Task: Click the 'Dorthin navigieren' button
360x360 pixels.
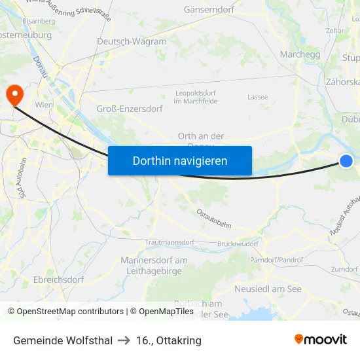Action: [x=180, y=160]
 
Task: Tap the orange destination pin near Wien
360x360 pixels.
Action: [x=14, y=96]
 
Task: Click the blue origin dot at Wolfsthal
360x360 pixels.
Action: [x=346, y=161]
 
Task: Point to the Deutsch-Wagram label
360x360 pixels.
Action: [x=132, y=41]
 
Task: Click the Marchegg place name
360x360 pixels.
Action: [x=300, y=54]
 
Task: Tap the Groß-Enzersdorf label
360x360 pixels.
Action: [x=130, y=109]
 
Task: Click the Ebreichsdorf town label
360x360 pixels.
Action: [x=58, y=279]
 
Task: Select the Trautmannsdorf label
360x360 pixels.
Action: [x=170, y=242]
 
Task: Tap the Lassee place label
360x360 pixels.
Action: [x=257, y=97]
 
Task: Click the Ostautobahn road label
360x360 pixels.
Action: [x=214, y=218]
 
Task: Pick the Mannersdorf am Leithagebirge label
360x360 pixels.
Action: [x=154, y=265]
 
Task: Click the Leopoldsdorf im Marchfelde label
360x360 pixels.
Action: [x=195, y=97]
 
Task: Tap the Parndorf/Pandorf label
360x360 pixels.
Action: [x=278, y=260]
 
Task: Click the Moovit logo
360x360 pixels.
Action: [x=320, y=339]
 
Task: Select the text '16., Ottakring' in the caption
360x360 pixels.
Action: [x=169, y=340]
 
